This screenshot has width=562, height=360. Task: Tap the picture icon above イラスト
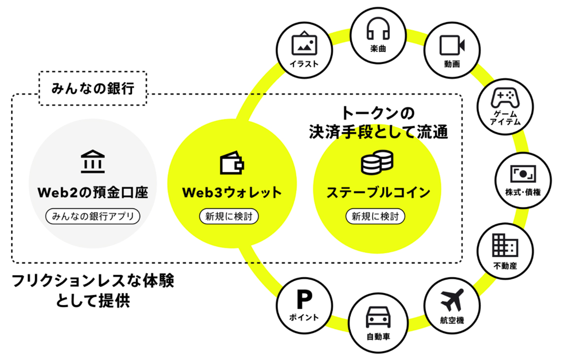click(304, 44)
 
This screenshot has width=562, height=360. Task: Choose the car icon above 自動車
click(378, 318)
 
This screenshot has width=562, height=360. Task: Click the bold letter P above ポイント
click(304, 299)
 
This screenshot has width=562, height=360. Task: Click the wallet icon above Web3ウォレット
click(232, 163)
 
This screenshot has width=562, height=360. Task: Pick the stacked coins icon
click(377, 163)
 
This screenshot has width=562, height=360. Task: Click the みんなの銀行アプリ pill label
click(93, 216)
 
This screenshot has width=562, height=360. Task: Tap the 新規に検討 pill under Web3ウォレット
click(229, 216)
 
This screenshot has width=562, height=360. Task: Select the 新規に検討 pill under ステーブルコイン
click(378, 216)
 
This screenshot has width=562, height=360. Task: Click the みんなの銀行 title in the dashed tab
click(93, 89)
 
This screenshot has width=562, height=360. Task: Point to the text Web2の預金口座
click(93, 192)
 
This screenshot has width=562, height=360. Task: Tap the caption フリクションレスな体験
click(93, 282)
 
